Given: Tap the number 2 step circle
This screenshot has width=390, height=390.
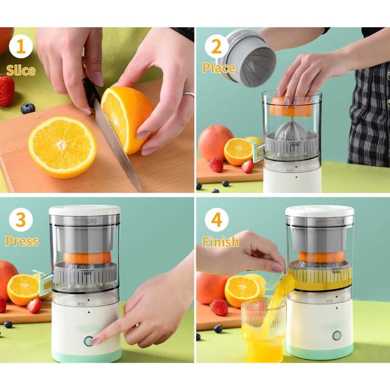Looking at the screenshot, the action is pos(216,46).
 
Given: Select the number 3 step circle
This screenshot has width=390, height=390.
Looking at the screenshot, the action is pos(21,221).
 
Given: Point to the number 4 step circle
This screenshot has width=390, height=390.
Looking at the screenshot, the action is pos(216,221).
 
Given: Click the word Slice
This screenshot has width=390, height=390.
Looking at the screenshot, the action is pos(21,70).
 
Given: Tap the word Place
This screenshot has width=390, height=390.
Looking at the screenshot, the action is pos(219,68).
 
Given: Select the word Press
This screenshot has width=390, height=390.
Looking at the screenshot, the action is pos(22,241).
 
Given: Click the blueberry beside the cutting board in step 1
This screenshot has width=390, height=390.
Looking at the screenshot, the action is pos(28,108).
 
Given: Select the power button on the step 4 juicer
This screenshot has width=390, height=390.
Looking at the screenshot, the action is pos(337,335).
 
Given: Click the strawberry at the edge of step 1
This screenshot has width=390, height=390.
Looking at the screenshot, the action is pos(7,90).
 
